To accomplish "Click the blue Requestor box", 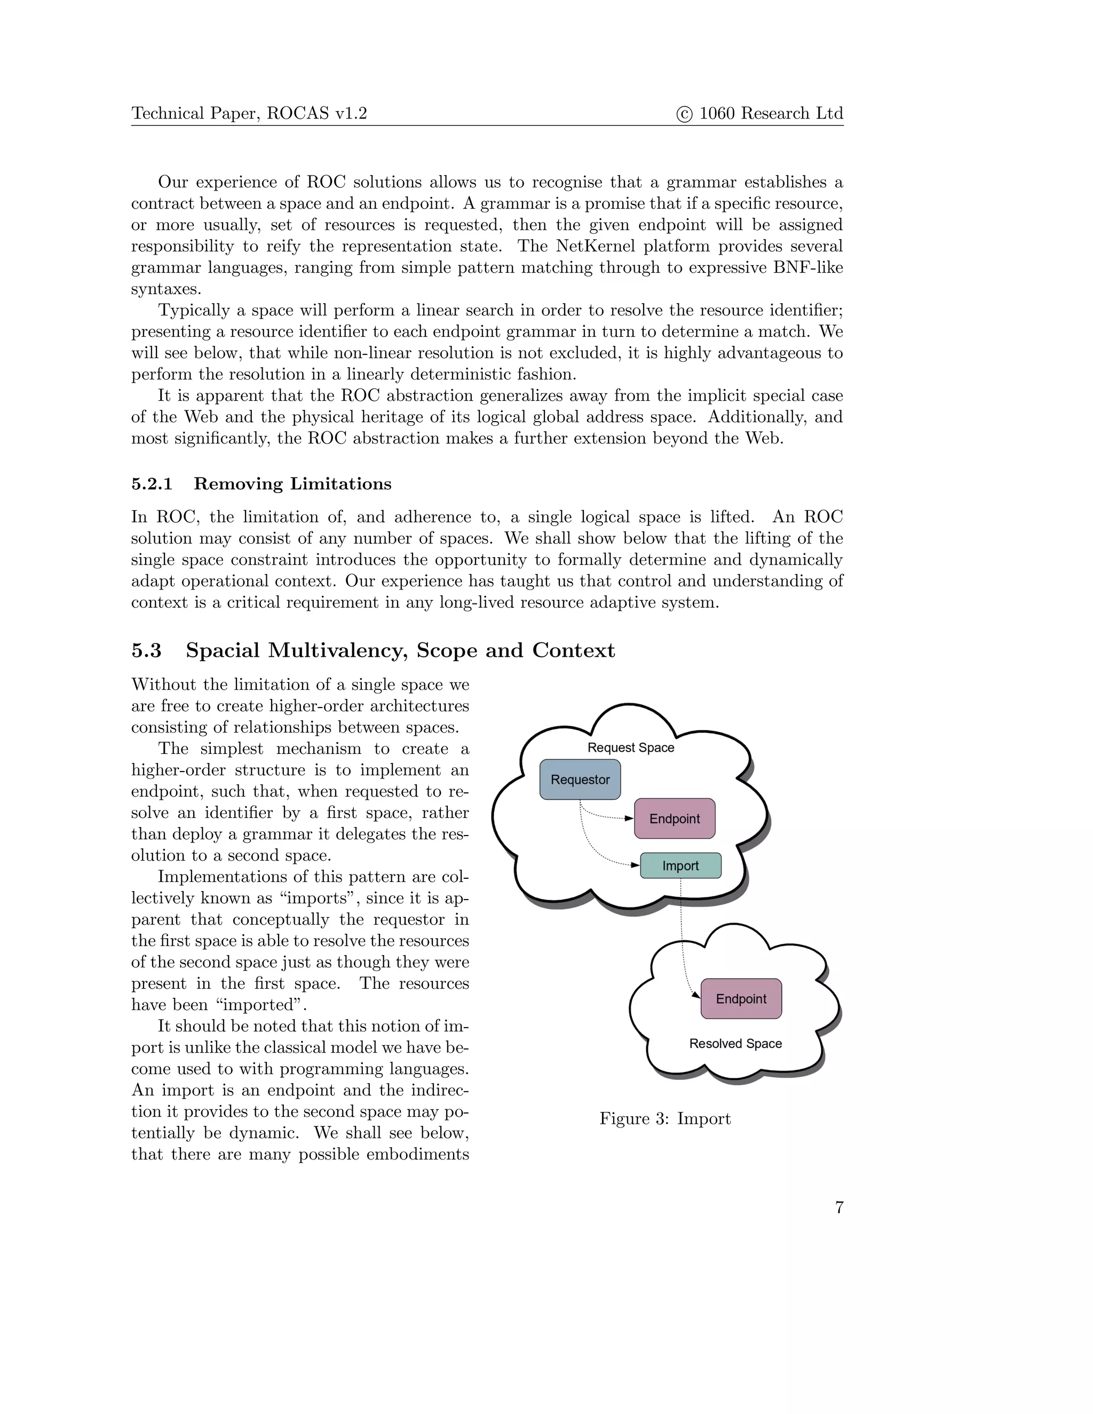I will click(x=580, y=780).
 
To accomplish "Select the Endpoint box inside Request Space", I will click(x=675, y=819).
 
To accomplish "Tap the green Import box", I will click(x=680, y=865).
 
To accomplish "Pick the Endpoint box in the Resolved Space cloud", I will click(x=741, y=998).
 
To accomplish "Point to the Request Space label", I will click(x=631, y=748).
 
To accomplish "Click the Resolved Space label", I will click(x=735, y=1043).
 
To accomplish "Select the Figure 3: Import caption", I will click(x=665, y=1119).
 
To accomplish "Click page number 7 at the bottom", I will click(x=839, y=1208).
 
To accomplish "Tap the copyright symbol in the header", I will click(x=684, y=115).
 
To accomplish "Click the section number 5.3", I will click(x=146, y=650).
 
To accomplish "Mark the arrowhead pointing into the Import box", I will click(x=635, y=865).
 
